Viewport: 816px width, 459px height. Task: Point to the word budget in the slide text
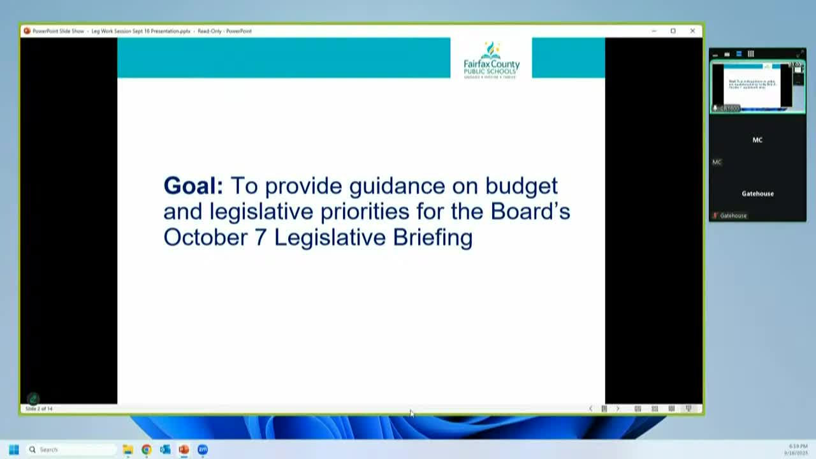point(521,186)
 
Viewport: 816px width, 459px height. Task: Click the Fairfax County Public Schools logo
point(491,59)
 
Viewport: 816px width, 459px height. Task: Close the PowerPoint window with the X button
point(692,31)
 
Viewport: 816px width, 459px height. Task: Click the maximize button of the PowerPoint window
point(673,31)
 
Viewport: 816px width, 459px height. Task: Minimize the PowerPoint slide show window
point(653,31)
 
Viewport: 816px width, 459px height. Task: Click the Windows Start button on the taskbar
point(13,449)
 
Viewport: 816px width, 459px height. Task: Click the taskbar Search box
point(70,449)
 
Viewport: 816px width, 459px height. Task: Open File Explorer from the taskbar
point(127,449)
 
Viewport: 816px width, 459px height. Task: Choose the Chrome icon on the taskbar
point(147,449)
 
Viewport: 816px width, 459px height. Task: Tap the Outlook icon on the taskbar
point(165,449)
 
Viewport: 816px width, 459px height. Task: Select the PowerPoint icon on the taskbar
point(184,449)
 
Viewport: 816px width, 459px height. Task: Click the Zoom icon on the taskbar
point(203,449)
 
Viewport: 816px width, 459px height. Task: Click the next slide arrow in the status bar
point(617,409)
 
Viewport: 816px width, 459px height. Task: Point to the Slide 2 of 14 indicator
point(39,409)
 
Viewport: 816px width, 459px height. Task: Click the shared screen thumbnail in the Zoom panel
point(757,86)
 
